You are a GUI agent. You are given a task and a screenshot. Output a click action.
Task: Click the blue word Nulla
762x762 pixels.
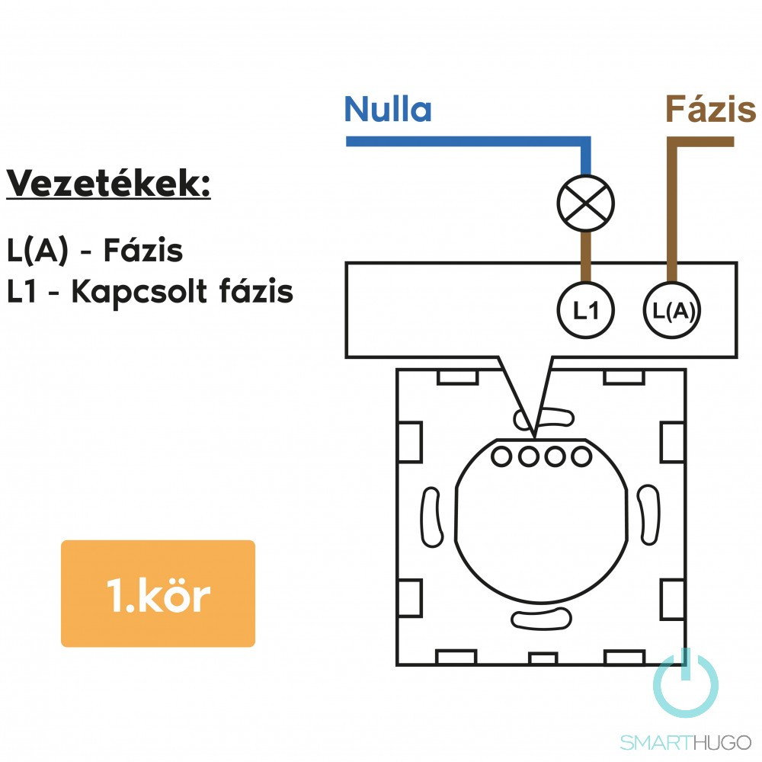[388, 110]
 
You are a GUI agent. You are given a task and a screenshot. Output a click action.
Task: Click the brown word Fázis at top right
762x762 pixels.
[710, 110]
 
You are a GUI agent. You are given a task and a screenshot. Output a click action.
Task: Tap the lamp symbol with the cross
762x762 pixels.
[585, 203]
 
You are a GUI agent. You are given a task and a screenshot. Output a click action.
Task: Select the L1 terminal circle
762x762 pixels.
[585, 311]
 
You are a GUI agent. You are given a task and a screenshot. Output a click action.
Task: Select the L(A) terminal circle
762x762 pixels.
[673, 311]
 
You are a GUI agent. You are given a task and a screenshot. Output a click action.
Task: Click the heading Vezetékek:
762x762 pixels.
[108, 184]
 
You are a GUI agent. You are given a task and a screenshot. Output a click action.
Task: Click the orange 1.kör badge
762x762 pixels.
[158, 594]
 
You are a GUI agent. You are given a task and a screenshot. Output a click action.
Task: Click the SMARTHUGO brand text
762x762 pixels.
[685, 742]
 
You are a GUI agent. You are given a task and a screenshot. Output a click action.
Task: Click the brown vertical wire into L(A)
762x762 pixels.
[672, 213]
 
